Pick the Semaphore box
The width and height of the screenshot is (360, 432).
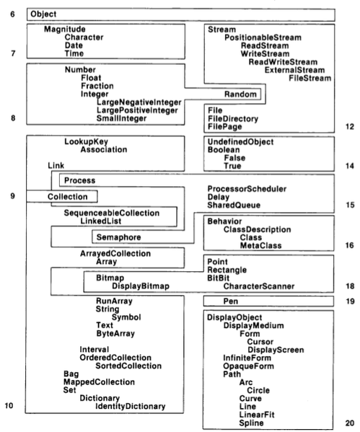(118, 237)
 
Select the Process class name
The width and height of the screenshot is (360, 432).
(78, 179)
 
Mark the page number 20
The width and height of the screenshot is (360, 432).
(350, 423)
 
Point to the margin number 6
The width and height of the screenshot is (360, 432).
(10, 14)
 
